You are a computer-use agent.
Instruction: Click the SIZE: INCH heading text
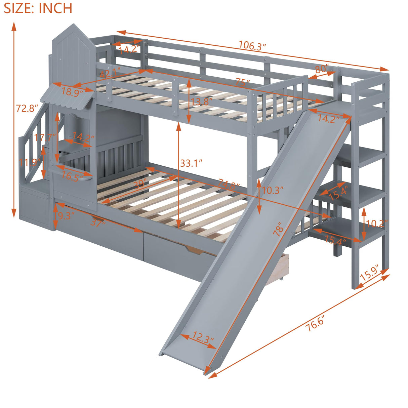38,8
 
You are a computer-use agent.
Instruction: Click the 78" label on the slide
279,232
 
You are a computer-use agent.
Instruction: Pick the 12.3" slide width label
203,337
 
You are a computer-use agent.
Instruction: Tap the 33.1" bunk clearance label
191,163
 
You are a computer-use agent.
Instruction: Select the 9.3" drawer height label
64,216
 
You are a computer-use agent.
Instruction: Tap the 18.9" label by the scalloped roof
72,92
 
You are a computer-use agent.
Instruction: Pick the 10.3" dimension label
273,190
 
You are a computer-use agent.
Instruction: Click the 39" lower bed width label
140,184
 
